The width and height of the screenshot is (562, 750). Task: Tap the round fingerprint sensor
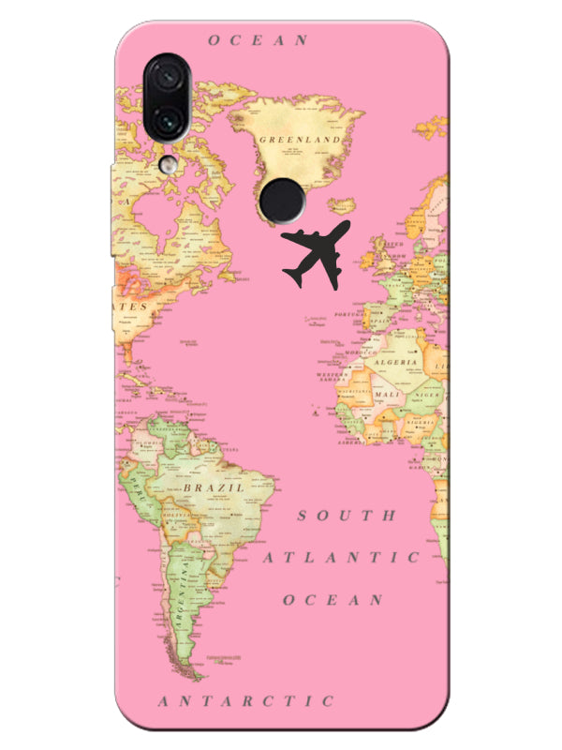pyautogui.click(x=281, y=198)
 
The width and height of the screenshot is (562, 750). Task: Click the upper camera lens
pyautogui.click(x=169, y=77)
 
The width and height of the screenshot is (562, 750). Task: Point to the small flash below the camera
pyautogui.click(x=167, y=164)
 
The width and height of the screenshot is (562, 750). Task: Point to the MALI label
pyautogui.click(x=386, y=396)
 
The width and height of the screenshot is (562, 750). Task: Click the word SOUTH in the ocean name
pyautogui.click(x=347, y=517)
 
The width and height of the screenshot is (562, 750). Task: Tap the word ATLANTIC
pyautogui.click(x=341, y=558)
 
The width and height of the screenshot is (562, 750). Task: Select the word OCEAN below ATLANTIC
pyautogui.click(x=333, y=600)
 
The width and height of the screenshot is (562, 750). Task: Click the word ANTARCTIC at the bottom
pyautogui.click(x=245, y=701)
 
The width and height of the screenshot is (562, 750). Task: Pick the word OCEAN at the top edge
pyautogui.click(x=258, y=40)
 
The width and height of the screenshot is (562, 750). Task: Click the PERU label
pyautogui.click(x=141, y=488)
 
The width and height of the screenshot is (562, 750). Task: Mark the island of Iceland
pyautogui.click(x=343, y=205)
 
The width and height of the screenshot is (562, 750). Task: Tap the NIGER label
pyautogui.click(x=426, y=396)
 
